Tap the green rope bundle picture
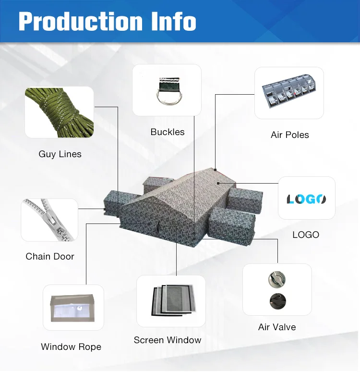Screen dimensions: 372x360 tap(59, 112)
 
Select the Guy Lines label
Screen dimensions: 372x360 tap(60, 154)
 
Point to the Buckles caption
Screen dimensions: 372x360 tap(168, 132)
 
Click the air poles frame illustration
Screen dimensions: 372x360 tap(289, 92)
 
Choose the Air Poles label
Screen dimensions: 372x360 tap(290, 135)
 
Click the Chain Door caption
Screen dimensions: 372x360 tap(50, 257)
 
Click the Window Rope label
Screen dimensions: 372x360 tap(71, 347)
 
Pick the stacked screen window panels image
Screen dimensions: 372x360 tap(171, 301)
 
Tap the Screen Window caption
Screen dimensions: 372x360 tap(168, 340)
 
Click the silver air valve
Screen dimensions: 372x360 tap(277, 279)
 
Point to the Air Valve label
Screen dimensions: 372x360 tap(277, 327)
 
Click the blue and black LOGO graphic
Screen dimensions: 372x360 tap(306, 198)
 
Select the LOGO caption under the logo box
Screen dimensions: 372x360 tap(306, 235)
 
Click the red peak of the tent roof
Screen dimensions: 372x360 tap(216, 169)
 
